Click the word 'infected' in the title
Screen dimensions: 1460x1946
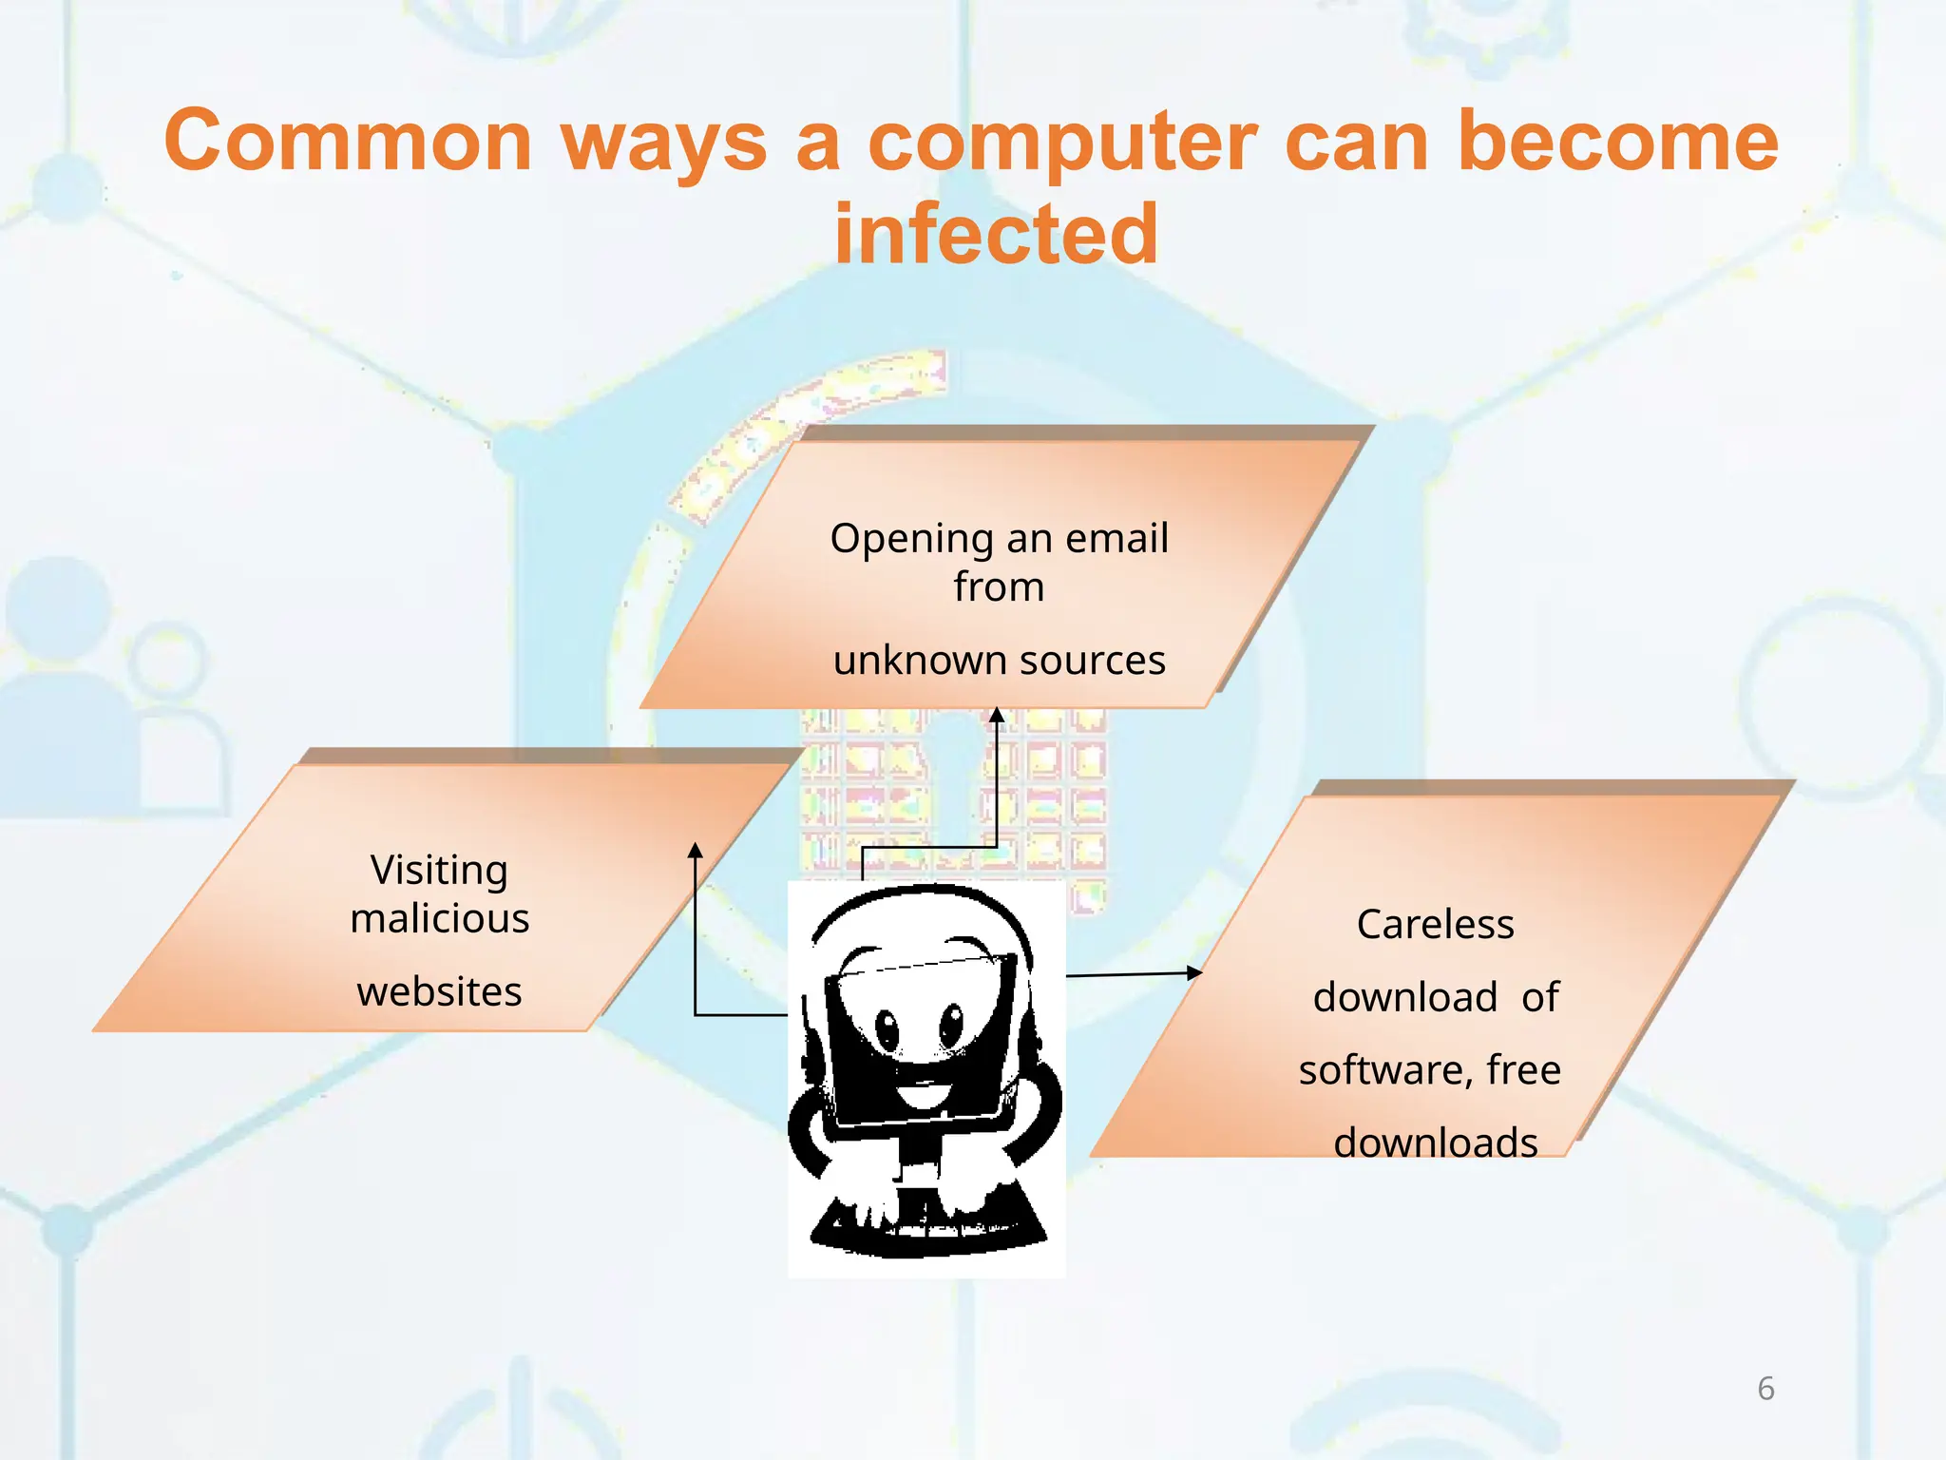point(996,235)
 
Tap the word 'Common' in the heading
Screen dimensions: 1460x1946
point(348,141)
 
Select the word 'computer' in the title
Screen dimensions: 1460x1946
point(1063,143)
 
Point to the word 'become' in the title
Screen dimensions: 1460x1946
point(1617,141)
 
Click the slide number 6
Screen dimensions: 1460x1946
point(1765,1389)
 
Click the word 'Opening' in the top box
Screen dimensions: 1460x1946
point(910,539)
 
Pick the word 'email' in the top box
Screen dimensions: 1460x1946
point(1117,539)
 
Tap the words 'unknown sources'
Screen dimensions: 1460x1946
point(999,660)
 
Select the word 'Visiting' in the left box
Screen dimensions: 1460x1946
point(439,871)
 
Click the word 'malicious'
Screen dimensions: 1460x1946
point(439,918)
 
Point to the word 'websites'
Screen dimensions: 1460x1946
point(439,991)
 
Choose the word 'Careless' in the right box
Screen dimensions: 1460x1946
point(1435,924)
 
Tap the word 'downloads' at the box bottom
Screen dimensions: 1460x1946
point(1435,1143)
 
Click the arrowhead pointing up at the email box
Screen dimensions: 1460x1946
point(997,715)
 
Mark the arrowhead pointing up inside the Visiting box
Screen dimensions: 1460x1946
point(696,850)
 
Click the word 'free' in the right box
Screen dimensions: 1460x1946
point(1523,1070)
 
